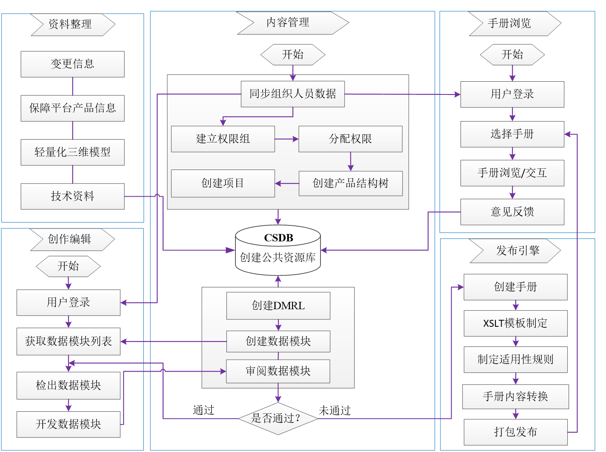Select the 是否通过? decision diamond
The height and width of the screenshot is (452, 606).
point(278,418)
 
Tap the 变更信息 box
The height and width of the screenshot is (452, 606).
point(72,64)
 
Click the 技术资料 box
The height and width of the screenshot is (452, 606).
point(72,196)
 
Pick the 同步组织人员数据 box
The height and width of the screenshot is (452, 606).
point(293,94)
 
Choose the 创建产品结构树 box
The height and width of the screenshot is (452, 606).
point(350,183)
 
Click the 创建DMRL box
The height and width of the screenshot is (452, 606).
point(278,306)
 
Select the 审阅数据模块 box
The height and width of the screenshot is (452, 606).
point(278,371)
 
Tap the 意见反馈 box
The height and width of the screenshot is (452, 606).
point(512,212)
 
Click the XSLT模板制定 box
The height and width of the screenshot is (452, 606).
point(515,324)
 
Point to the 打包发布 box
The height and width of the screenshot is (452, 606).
point(515,432)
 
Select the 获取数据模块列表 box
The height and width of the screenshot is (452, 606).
point(68,341)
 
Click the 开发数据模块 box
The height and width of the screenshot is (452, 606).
point(68,424)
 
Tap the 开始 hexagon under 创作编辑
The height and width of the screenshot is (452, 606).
point(68,266)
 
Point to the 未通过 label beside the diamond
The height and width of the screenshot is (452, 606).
point(334,411)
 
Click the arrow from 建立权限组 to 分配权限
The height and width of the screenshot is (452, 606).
point(286,139)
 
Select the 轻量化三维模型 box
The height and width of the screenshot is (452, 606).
point(72,152)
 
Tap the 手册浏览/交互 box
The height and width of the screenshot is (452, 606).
point(512,173)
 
